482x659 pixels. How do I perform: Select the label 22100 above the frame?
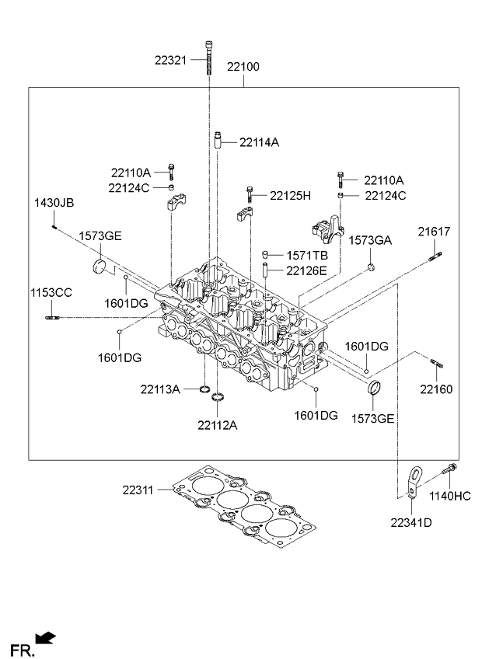[x=243, y=68]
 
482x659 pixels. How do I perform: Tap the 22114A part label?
[x=259, y=142]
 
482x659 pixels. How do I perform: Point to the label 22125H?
[x=290, y=195]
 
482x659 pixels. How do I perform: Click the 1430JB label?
[x=54, y=203]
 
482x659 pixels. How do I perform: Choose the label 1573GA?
[x=369, y=240]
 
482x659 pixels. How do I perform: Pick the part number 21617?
[x=434, y=232]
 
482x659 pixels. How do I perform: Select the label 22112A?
[x=217, y=424]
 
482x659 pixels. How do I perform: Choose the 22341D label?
[x=411, y=522]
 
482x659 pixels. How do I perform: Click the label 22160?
[x=436, y=389]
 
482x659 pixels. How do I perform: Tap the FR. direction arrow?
[x=46, y=639]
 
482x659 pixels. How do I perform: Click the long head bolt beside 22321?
[x=210, y=58]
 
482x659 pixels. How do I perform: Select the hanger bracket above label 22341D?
[x=414, y=479]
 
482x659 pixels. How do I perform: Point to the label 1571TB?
[x=307, y=255]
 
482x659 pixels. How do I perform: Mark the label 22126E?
[x=306, y=270]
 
